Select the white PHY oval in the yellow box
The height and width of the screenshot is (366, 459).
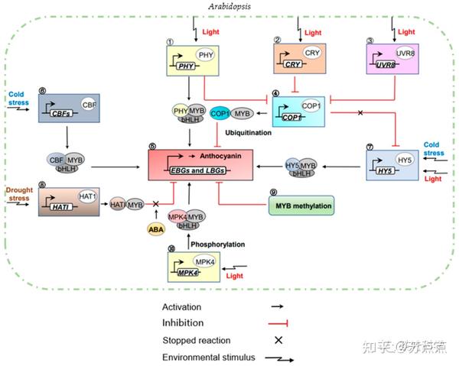[x=204, y=55]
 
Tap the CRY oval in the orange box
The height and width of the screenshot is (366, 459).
[x=311, y=53]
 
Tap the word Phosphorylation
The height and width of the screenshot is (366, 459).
[x=217, y=245]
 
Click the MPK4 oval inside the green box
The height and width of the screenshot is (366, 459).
[x=205, y=262]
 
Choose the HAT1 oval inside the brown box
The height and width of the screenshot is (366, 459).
[x=87, y=196]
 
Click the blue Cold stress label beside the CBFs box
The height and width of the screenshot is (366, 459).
[x=16, y=99]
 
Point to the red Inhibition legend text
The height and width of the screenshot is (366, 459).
[x=181, y=322]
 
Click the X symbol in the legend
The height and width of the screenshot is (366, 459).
[x=278, y=340]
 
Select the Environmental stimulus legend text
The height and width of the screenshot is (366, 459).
[x=207, y=357]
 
